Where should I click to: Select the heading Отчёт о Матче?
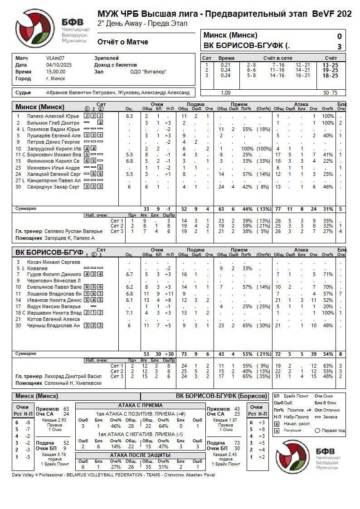click(x=122, y=42)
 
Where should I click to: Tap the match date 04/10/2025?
click(x=57, y=65)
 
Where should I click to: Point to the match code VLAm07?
click(x=55, y=58)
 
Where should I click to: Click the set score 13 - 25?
click(x=330, y=65)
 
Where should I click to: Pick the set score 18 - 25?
click(x=330, y=75)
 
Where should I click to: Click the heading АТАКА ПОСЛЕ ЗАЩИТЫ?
click(x=141, y=455)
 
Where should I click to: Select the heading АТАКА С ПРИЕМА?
click(x=141, y=405)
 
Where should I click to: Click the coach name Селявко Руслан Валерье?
click(x=73, y=231)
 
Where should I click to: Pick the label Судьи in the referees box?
click(x=23, y=92)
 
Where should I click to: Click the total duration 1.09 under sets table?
click(x=225, y=92)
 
